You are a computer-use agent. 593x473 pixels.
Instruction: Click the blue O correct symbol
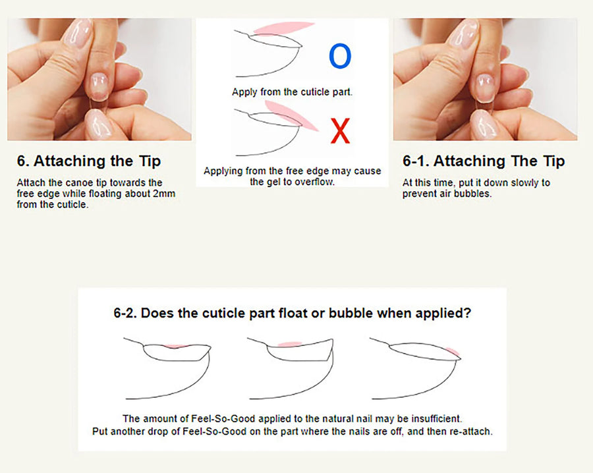(340, 57)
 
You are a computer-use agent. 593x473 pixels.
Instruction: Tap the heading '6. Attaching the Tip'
(89, 161)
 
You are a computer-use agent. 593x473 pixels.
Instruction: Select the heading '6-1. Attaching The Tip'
(484, 161)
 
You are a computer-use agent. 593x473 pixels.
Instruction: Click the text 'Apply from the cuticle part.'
(292, 92)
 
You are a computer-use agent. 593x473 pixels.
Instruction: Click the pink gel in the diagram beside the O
(283, 27)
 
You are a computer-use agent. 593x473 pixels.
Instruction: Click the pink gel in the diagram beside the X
(302, 119)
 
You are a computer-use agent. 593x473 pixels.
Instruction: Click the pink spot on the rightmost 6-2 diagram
(453, 351)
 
